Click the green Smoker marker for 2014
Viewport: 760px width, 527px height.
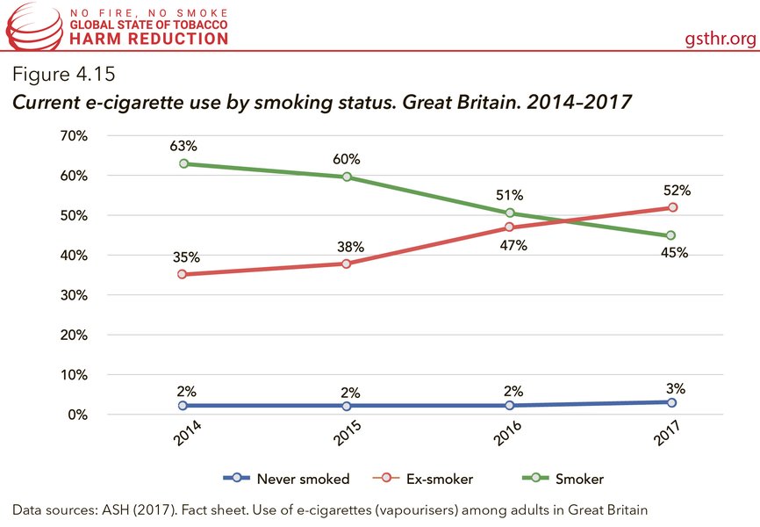[183, 164]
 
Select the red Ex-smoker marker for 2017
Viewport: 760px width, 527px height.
[672, 207]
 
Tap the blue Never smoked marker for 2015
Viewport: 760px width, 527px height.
[347, 406]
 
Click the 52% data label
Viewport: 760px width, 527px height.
[677, 190]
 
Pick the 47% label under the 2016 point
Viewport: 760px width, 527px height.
[513, 246]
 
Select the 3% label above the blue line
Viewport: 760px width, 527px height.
[675, 387]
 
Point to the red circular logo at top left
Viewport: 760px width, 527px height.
[26, 27]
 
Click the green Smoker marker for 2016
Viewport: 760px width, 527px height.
[509, 213]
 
